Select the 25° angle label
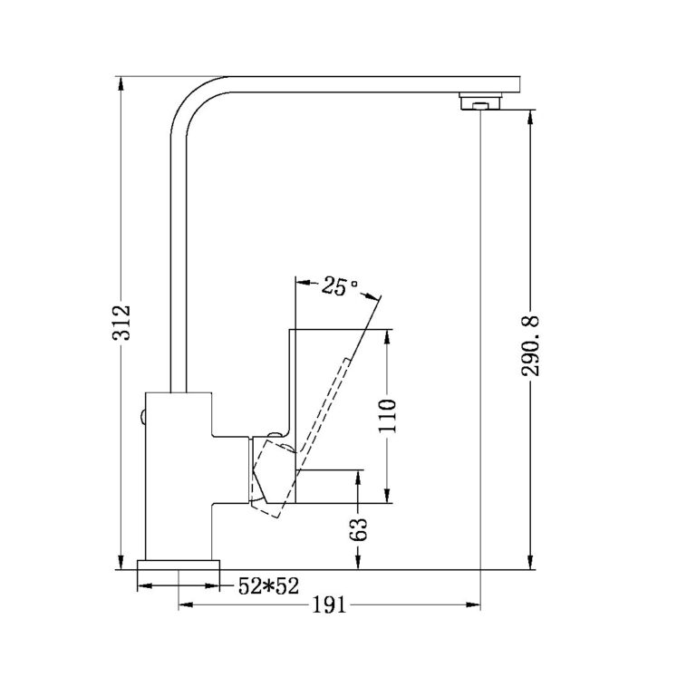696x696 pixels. (334, 287)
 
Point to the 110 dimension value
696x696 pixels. (387, 416)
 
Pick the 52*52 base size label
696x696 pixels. (268, 586)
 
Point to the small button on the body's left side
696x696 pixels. (142, 416)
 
